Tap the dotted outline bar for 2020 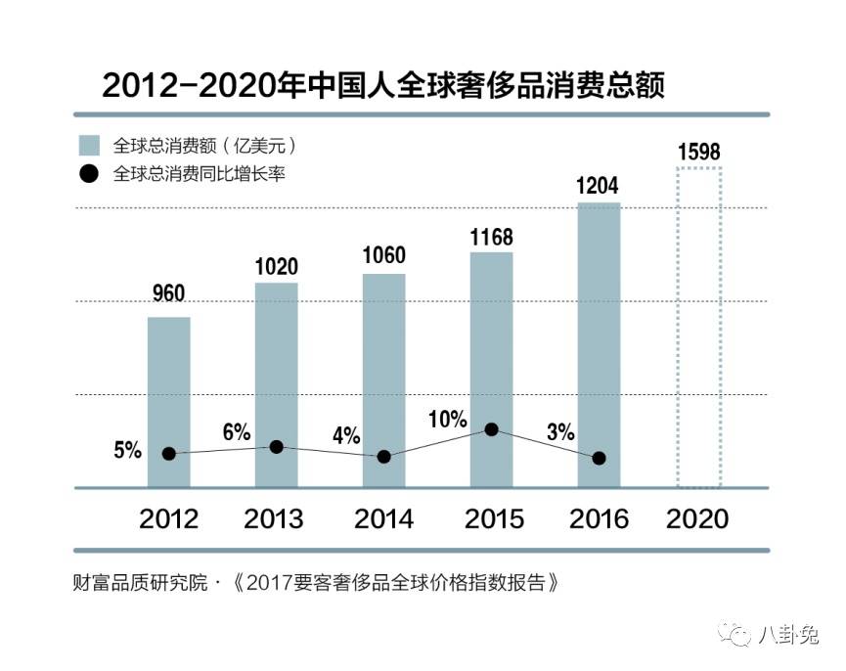point(699,328)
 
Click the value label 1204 point(599,186)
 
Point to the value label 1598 point(698,152)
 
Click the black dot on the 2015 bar point(492,429)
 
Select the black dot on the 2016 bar point(599,458)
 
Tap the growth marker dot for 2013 point(277,446)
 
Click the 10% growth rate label point(448,420)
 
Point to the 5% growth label point(128,451)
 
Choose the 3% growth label point(560,431)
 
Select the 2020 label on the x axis point(698,518)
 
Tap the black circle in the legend point(90,174)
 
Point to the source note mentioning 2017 point(318,584)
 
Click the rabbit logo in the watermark point(736,637)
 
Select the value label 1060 point(383,256)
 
